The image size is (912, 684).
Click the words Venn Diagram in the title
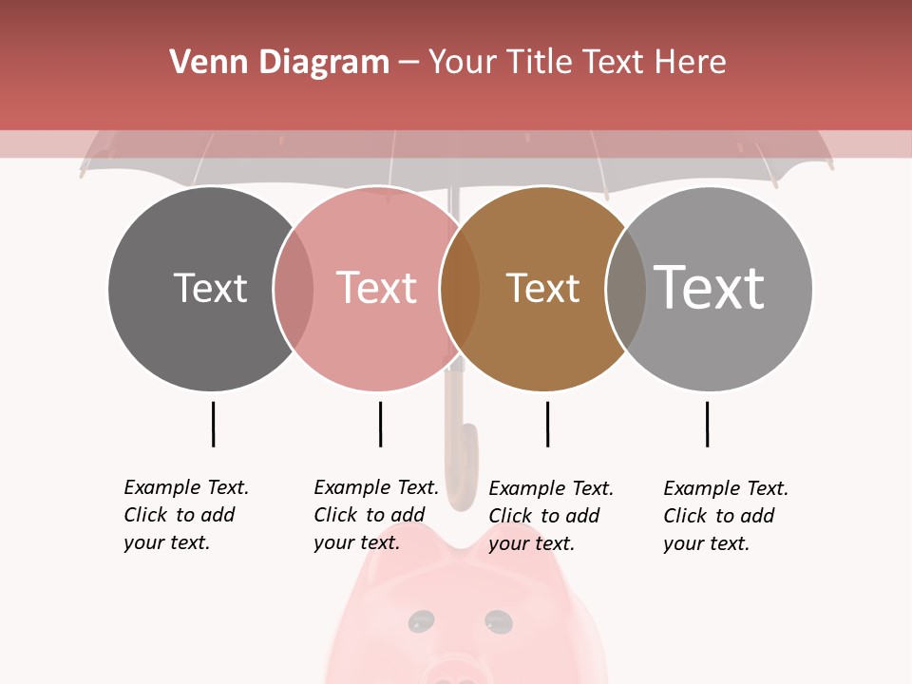[279, 63]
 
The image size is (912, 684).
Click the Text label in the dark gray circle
[210, 288]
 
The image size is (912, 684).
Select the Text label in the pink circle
[376, 288]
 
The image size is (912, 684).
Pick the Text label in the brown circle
[542, 288]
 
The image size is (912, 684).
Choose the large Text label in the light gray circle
[710, 287]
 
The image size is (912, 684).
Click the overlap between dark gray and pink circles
[294, 289]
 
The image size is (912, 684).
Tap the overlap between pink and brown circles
[460, 289]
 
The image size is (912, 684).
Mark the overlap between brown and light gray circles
[626, 289]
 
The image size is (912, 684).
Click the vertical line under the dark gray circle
[213, 424]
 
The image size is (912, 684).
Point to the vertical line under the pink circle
[380, 424]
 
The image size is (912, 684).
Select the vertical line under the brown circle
[547, 424]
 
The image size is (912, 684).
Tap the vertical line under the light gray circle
[707, 424]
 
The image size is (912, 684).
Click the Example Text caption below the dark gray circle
[186, 515]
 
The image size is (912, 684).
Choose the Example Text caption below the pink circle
[376, 515]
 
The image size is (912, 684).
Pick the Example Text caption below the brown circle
[551, 516]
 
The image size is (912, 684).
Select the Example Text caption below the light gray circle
[726, 516]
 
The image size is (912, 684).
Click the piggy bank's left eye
[419, 622]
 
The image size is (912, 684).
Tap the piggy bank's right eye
[498, 621]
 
